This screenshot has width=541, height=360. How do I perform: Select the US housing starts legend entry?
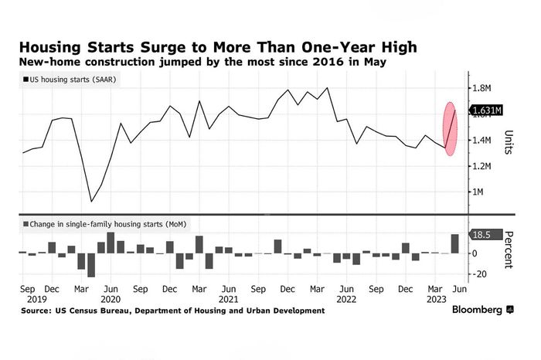70,80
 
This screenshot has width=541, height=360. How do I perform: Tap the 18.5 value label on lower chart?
485,233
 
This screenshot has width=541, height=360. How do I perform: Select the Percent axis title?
509,249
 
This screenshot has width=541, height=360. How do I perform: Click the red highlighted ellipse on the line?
451,128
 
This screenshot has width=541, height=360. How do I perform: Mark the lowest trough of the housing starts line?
91,202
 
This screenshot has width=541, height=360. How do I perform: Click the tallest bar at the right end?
454,243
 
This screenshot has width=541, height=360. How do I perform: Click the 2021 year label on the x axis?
229,298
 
